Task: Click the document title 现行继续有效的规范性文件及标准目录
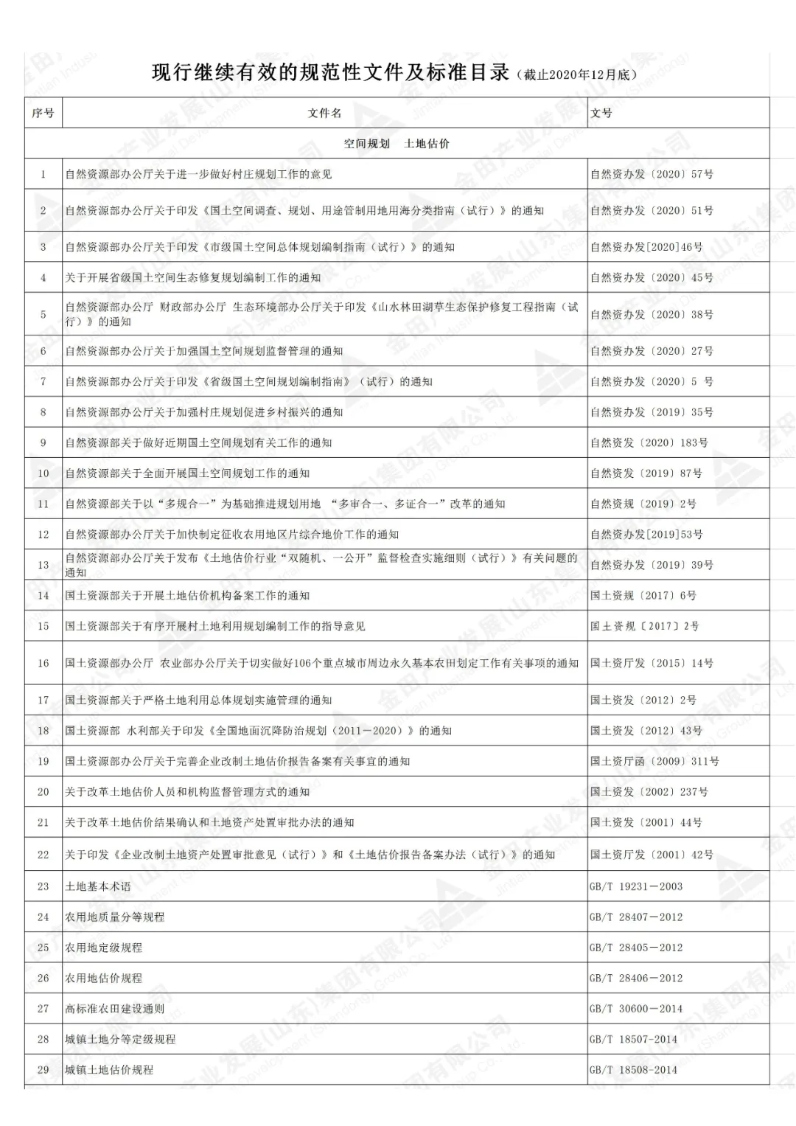330,73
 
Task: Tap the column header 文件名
324,114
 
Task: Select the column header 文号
601,114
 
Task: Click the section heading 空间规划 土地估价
397,144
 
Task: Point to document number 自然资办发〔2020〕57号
652,175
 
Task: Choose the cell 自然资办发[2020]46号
646,247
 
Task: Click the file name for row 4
193,278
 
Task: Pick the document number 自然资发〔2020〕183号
649,443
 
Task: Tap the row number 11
43,504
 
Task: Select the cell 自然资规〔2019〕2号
643,504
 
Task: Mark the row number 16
43,664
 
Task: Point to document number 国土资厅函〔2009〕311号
654,762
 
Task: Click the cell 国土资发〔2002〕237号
649,792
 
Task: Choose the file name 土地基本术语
98,887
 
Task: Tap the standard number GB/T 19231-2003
636,887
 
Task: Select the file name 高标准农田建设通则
114,1009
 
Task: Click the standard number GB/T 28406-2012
636,979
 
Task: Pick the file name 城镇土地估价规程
109,1070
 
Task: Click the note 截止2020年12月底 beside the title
576,75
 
